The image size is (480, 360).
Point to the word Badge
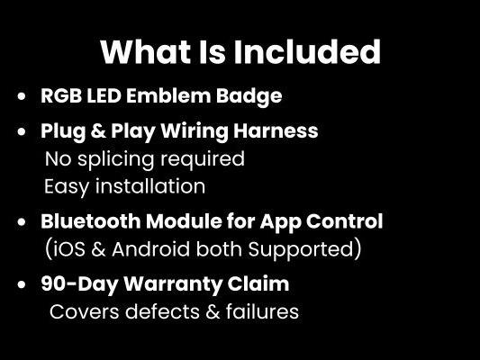[x=250, y=96]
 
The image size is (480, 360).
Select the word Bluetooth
[x=92, y=221]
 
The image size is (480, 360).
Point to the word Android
[x=150, y=248]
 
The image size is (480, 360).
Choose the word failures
[x=258, y=313]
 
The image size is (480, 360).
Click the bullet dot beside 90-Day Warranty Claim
[x=22, y=284]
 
